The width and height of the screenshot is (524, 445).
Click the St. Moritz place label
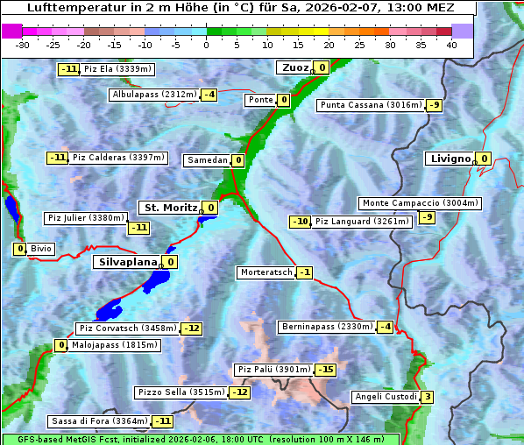tap(169, 208)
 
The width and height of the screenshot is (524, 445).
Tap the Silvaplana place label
tap(127, 261)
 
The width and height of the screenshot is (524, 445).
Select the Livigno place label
tap(450, 159)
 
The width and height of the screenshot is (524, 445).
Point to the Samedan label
tap(207, 160)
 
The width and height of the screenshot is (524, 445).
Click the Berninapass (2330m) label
tap(327, 327)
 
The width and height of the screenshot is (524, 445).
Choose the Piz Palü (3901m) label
tap(273, 370)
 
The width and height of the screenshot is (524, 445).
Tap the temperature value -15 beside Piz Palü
tap(326, 370)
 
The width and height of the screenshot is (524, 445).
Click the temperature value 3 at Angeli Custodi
tap(427, 397)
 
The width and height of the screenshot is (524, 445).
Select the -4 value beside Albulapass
tap(209, 95)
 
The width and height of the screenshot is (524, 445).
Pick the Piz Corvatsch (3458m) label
tap(127, 328)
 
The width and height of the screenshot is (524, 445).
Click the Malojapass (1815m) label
tap(115, 345)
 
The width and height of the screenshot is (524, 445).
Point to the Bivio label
tap(41, 249)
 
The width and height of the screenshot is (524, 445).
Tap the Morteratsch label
tap(266, 272)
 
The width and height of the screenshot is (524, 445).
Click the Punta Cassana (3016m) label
tap(370, 105)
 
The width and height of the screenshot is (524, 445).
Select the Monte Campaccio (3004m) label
tap(420, 203)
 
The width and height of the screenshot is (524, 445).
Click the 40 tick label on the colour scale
tap(451, 45)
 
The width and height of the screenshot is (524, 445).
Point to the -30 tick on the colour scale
tap(23, 45)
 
